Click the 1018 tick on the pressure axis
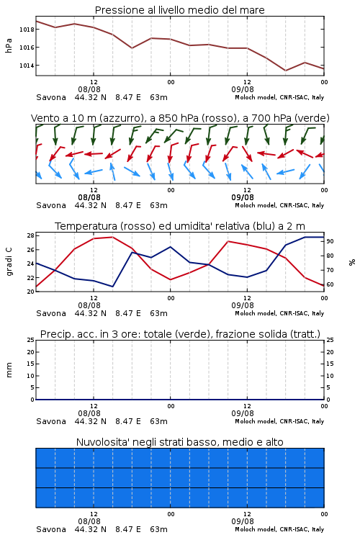click(x=27, y=30)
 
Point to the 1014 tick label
click(x=27, y=66)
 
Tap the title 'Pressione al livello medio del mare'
click(x=180, y=10)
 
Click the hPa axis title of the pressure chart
click(x=9, y=45)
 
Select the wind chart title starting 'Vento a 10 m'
click(x=180, y=118)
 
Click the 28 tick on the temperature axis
click(x=30, y=235)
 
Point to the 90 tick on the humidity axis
click(x=330, y=241)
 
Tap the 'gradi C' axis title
click(x=9, y=262)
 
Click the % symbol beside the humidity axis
click(x=352, y=262)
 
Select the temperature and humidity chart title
click(x=180, y=226)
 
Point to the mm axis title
click(x=9, y=370)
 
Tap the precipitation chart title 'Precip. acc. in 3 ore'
click(x=180, y=334)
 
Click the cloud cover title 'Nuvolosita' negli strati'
click(x=180, y=442)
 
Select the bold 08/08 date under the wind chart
click(x=89, y=198)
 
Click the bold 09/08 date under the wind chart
click(x=243, y=198)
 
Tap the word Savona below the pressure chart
click(x=51, y=97)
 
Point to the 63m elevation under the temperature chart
click(x=159, y=313)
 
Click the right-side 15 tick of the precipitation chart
click(x=330, y=364)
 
